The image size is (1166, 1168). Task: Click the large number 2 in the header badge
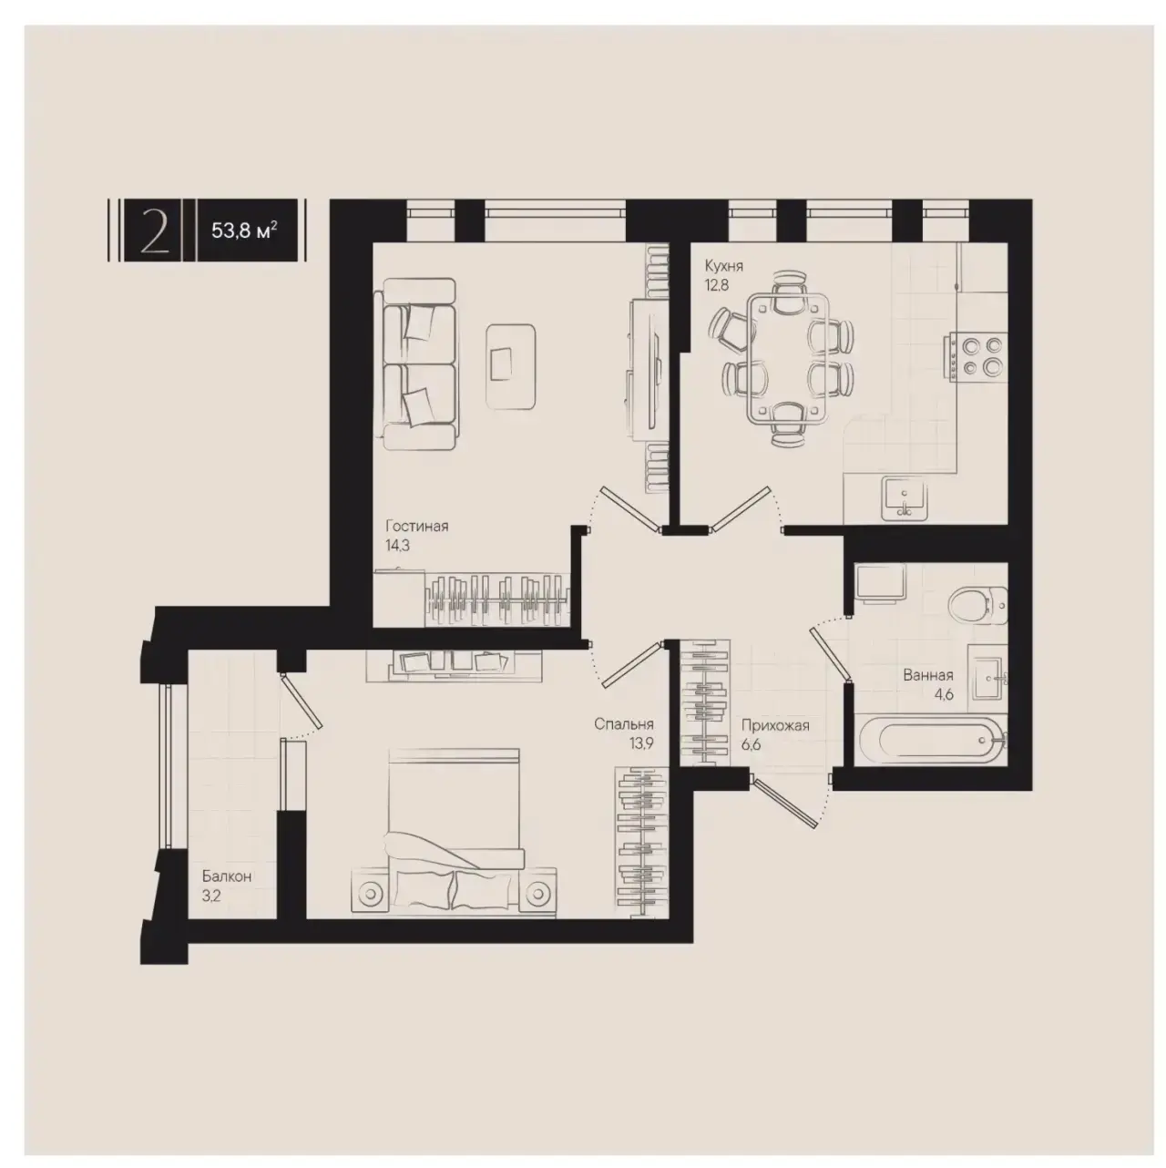[x=154, y=231]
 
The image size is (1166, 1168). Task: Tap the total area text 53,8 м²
[x=245, y=231]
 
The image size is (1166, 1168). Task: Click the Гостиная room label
[x=417, y=526]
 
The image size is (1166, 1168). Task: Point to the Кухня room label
[x=723, y=265]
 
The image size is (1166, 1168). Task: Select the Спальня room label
[x=624, y=723]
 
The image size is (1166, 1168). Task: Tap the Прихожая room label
[x=775, y=725]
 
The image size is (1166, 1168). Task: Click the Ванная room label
[x=928, y=675]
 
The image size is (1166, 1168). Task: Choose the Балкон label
[x=227, y=876]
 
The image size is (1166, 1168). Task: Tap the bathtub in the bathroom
[x=932, y=741]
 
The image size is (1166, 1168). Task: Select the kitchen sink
[x=905, y=499]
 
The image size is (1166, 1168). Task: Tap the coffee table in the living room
[x=511, y=366]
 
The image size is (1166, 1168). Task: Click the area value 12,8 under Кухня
[x=716, y=285]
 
